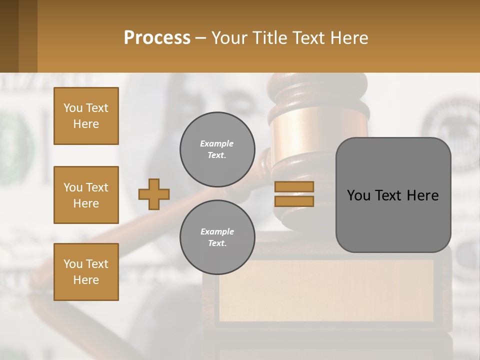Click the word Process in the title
click(157, 38)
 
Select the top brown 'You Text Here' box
click(86, 116)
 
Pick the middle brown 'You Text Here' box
click(86, 195)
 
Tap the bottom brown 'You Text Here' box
click(86, 272)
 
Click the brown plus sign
click(154, 194)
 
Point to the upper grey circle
click(217, 149)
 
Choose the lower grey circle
click(217, 237)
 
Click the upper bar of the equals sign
click(294, 186)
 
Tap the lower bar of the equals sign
click(294, 201)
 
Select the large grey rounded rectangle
click(393, 195)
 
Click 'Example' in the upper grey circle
click(216, 143)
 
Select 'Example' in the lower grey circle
click(217, 231)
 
